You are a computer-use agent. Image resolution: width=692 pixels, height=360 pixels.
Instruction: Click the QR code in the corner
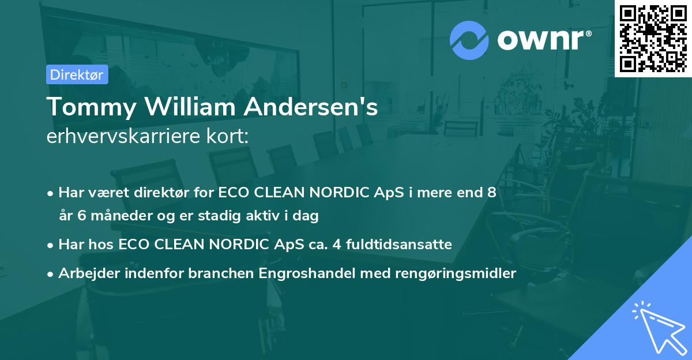point(653,38)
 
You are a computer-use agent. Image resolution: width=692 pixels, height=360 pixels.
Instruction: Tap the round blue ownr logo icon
point(469,40)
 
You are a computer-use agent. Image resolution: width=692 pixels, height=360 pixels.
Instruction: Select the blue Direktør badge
point(77,75)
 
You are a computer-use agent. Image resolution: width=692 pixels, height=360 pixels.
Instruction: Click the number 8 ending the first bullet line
point(491,193)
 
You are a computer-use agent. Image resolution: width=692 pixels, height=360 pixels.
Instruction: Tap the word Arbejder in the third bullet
point(85,273)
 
